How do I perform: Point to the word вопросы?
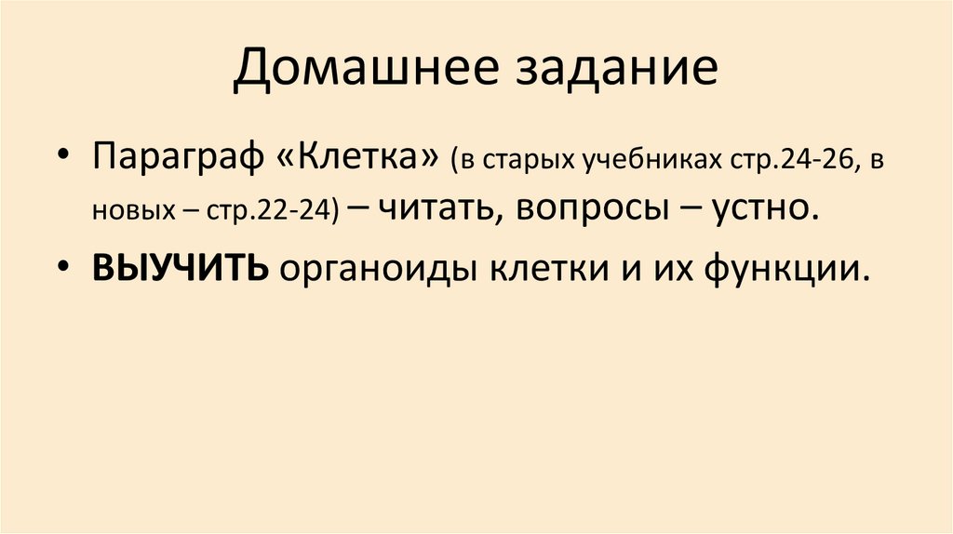584,208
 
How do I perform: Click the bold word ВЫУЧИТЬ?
181,267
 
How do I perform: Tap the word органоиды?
369,267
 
